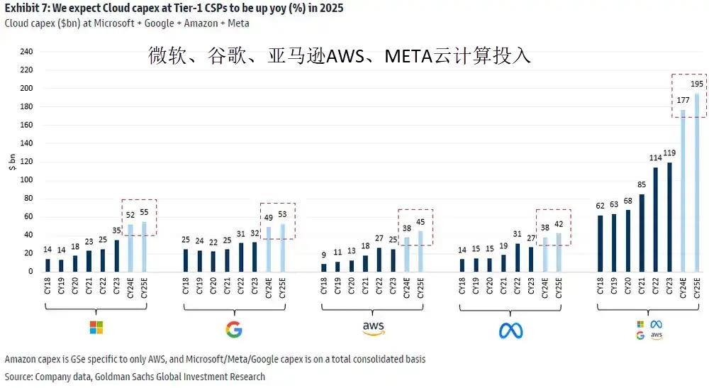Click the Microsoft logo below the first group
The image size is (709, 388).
click(95, 328)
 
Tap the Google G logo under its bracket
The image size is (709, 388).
click(233, 329)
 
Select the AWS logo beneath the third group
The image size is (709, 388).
click(373, 328)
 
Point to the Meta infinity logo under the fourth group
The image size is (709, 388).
click(510, 330)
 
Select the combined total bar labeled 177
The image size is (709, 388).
click(683, 190)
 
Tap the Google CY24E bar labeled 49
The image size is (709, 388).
click(269, 249)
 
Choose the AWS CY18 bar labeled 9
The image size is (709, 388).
click(324, 267)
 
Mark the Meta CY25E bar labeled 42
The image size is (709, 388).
click(558, 252)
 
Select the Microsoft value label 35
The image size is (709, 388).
click(116, 232)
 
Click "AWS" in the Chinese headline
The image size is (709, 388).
click(347, 56)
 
